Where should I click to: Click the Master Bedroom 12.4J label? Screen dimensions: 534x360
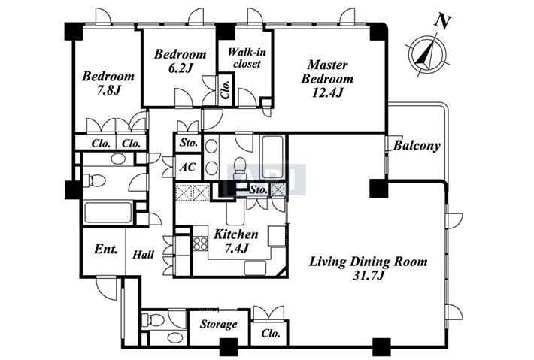pos(327,79)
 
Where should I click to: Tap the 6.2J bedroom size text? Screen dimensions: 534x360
pos(181,68)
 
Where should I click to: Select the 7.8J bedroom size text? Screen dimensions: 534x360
pos(108,90)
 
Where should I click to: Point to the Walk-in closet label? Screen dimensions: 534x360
pos(247,58)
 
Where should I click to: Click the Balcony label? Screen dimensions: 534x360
pos(417,146)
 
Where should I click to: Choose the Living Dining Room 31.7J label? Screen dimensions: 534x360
pos(368,268)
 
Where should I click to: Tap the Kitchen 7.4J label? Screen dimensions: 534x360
pos(236,241)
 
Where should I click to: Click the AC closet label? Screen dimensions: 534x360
pos(187,167)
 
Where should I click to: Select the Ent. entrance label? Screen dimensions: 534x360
pos(105,249)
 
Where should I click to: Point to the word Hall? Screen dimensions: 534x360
pos(143,254)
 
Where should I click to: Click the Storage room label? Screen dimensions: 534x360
pos(218,324)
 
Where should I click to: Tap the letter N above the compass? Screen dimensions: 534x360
pos(442,21)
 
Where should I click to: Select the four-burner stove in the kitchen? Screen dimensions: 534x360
pos(201,244)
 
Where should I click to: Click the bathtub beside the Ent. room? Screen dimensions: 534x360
pos(108,213)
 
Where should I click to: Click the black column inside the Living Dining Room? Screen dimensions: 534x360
pos(379,188)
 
